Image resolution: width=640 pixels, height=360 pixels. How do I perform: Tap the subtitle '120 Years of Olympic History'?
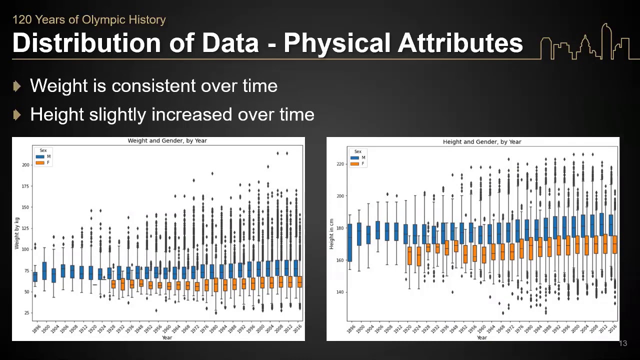point(88,20)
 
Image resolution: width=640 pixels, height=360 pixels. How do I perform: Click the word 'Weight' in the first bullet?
point(58,86)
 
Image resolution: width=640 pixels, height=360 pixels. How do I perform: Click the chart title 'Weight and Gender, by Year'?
point(167,141)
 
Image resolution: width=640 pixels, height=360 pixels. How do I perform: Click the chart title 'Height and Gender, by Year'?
point(481,142)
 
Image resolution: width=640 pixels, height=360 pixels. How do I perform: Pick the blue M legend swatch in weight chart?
point(40,156)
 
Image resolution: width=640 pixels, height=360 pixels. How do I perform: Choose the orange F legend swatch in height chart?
point(355,163)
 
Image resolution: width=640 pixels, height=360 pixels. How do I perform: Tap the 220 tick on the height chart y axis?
point(340,164)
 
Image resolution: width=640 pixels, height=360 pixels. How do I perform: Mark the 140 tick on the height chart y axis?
point(340,292)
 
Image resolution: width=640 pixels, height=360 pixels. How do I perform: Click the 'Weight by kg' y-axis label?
point(17,233)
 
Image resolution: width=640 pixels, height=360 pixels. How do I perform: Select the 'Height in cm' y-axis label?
point(331,234)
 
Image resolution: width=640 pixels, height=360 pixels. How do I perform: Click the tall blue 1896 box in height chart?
point(349,242)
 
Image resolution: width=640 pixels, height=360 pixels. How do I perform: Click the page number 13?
point(622,343)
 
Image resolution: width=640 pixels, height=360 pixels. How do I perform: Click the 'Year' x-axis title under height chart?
point(481,338)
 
